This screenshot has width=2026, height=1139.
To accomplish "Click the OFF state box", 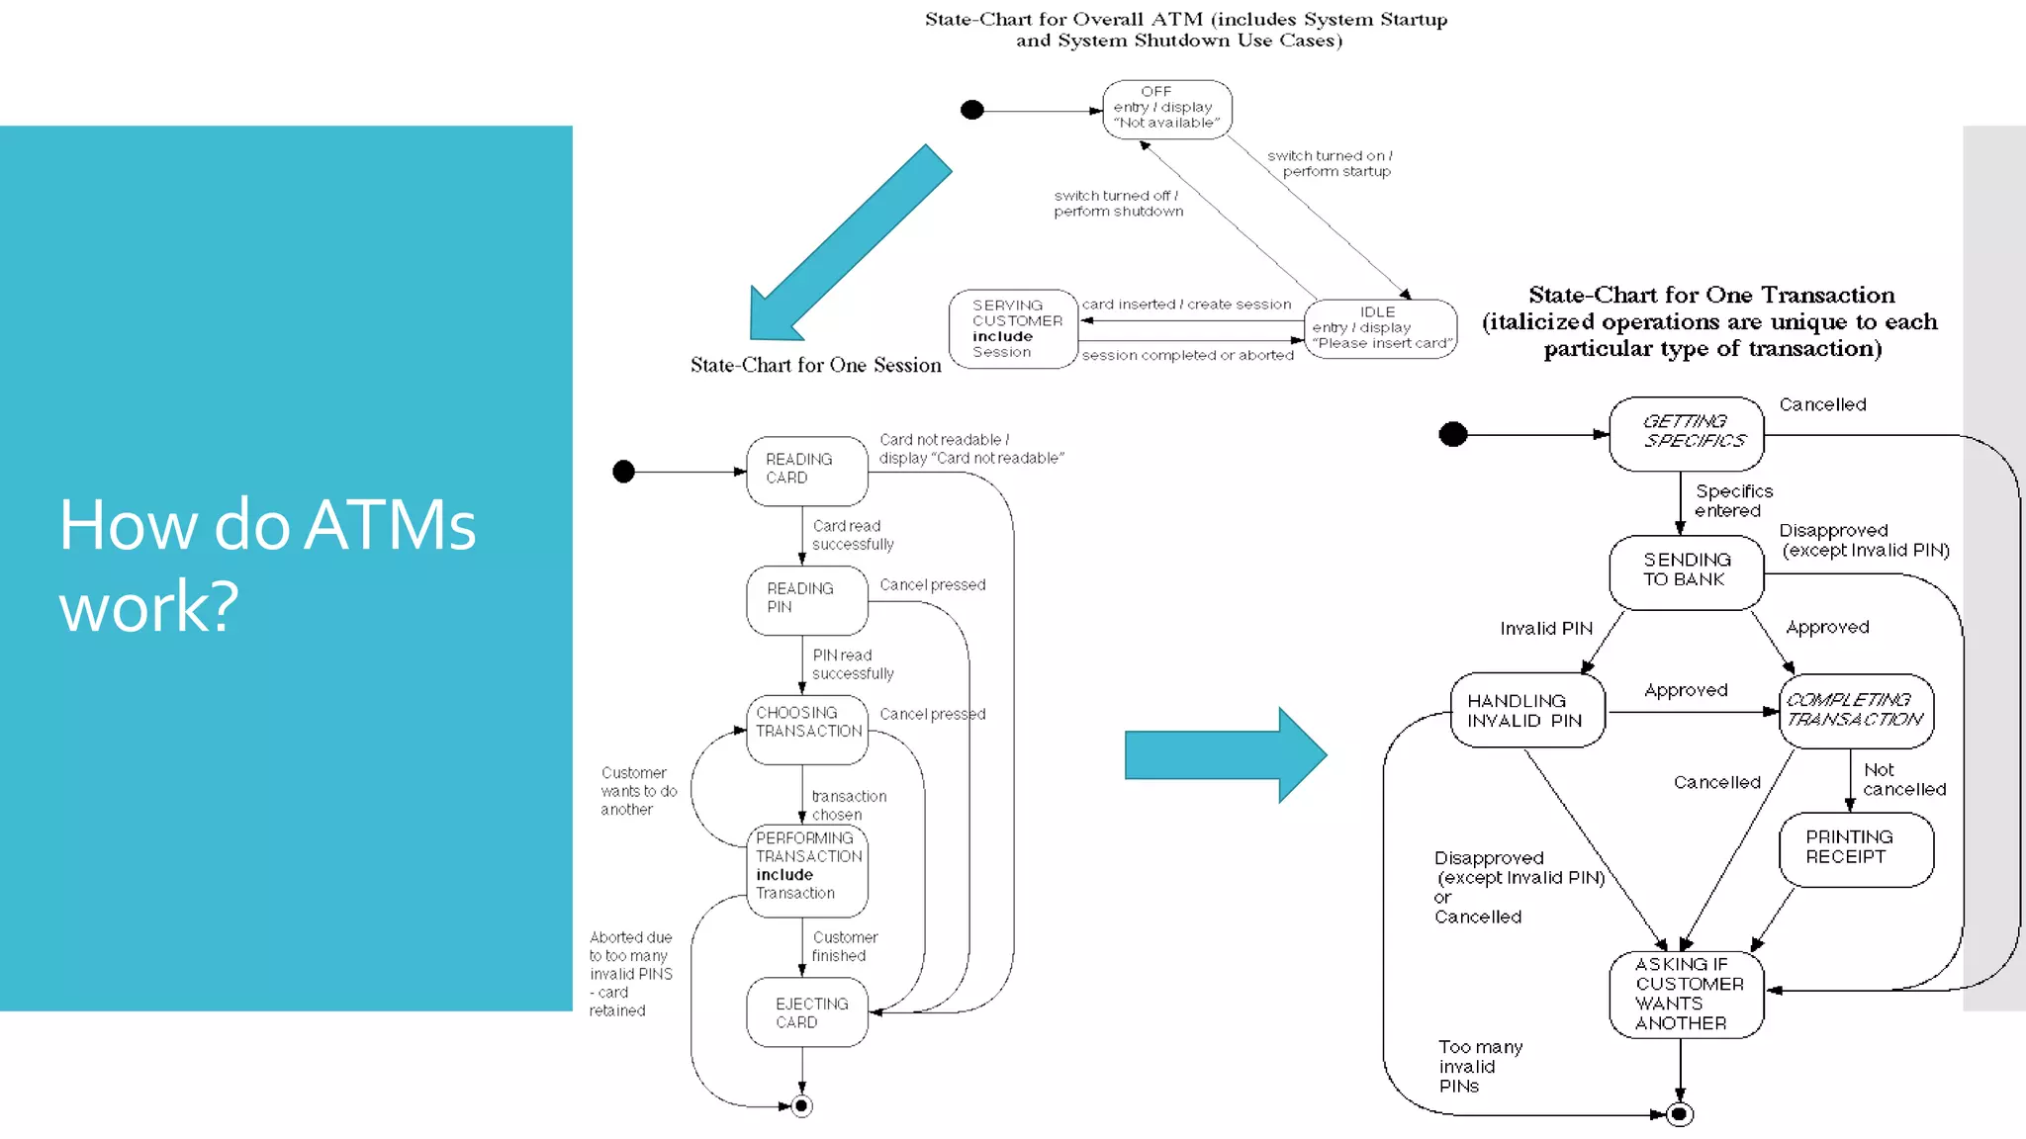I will [x=1166, y=109].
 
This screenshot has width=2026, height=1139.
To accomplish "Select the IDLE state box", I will [x=1380, y=328].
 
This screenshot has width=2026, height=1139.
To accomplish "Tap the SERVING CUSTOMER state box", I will [x=1013, y=328].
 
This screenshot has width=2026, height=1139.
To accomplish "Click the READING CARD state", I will [x=806, y=470].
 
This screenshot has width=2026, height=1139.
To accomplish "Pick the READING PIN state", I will [x=806, y=599].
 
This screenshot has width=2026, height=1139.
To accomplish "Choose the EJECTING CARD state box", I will [x=807, y=1012].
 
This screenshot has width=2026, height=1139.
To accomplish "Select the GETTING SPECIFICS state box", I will [x=1687, y=433].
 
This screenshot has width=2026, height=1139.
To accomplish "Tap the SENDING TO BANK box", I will [x=1687, y=570].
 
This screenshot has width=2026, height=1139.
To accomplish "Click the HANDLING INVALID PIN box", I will [x=1527, y=711].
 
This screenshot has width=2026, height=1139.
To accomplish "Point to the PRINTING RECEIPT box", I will [x=1856, y=848].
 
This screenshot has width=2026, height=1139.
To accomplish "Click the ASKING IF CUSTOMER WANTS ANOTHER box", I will [x=1687, y=994].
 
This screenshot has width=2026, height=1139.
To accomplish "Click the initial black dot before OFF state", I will [x=972, y=110].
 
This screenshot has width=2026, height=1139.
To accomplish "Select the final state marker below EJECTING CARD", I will [x=802, y=1105].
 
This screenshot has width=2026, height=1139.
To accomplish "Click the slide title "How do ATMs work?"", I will [x=267, y=565].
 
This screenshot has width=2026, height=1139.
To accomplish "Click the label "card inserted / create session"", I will [x=1186, y=305].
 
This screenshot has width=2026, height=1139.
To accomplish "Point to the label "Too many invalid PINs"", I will [x=1479, y=1066].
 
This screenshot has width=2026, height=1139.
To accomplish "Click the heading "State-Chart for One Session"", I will [x=815, y=366].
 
